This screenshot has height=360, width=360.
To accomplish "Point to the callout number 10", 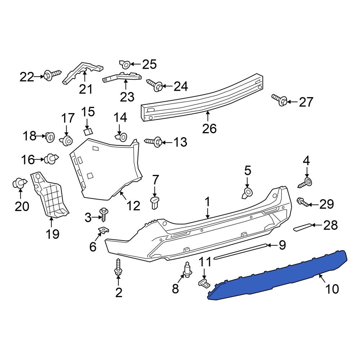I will coord(332,289).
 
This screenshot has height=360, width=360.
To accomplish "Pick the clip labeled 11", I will coord(204,283).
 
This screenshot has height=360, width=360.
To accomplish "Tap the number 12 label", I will coord(133,206).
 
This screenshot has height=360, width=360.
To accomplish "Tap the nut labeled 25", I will coord(125,64).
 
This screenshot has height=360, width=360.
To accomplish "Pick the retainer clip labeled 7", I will coord(155,202).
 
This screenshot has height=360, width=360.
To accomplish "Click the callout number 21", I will coord(86,89).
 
